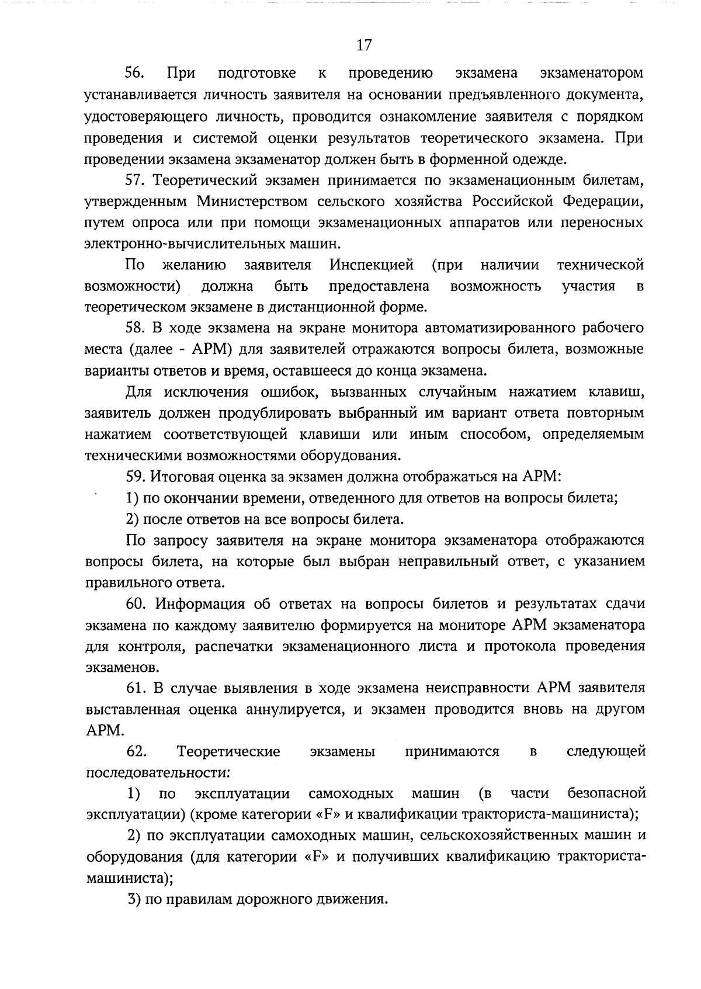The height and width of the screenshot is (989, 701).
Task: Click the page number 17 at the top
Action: click(363, 45)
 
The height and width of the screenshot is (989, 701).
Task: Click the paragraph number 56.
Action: click(137, 74)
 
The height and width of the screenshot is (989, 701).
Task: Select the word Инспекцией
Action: click(372, 265)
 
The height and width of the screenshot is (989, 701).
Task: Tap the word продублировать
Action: click(276, 413)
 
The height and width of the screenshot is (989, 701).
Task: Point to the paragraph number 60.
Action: click(137, 604)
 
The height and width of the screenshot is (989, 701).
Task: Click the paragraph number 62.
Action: click(137, 751)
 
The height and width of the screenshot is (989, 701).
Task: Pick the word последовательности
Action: click(156, 773)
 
